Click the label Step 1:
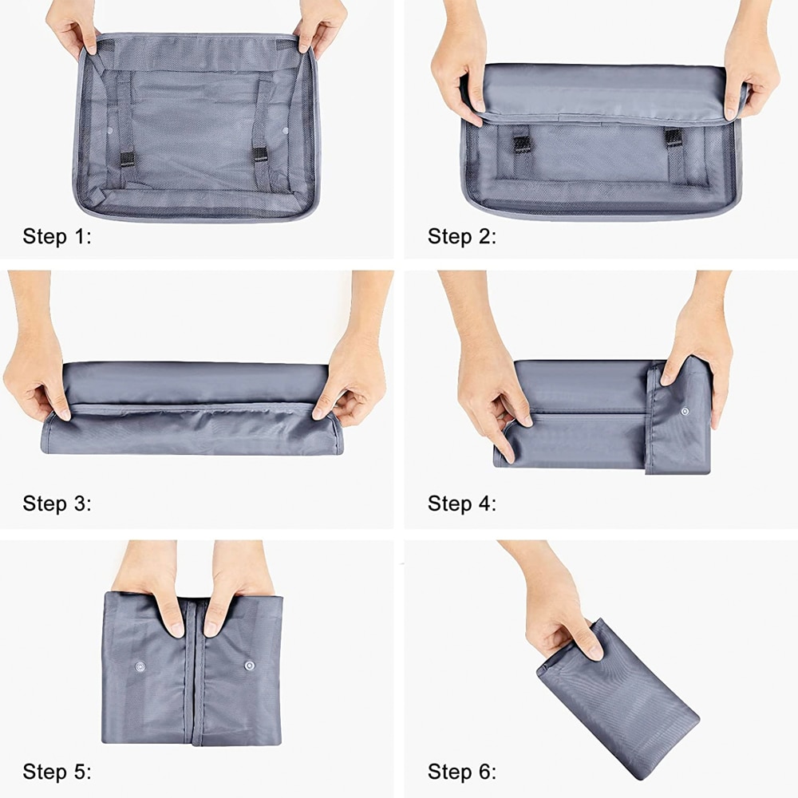57,237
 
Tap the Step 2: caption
461,237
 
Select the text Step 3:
57,504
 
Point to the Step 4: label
461,504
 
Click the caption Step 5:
57,772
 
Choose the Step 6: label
461,772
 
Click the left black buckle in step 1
127,160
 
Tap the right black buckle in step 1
259,155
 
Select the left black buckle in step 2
522,144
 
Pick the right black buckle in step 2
673,138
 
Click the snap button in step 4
685,411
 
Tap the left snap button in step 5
140,666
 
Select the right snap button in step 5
249,666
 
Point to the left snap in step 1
110,131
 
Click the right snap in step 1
285,131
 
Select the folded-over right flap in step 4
679,417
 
